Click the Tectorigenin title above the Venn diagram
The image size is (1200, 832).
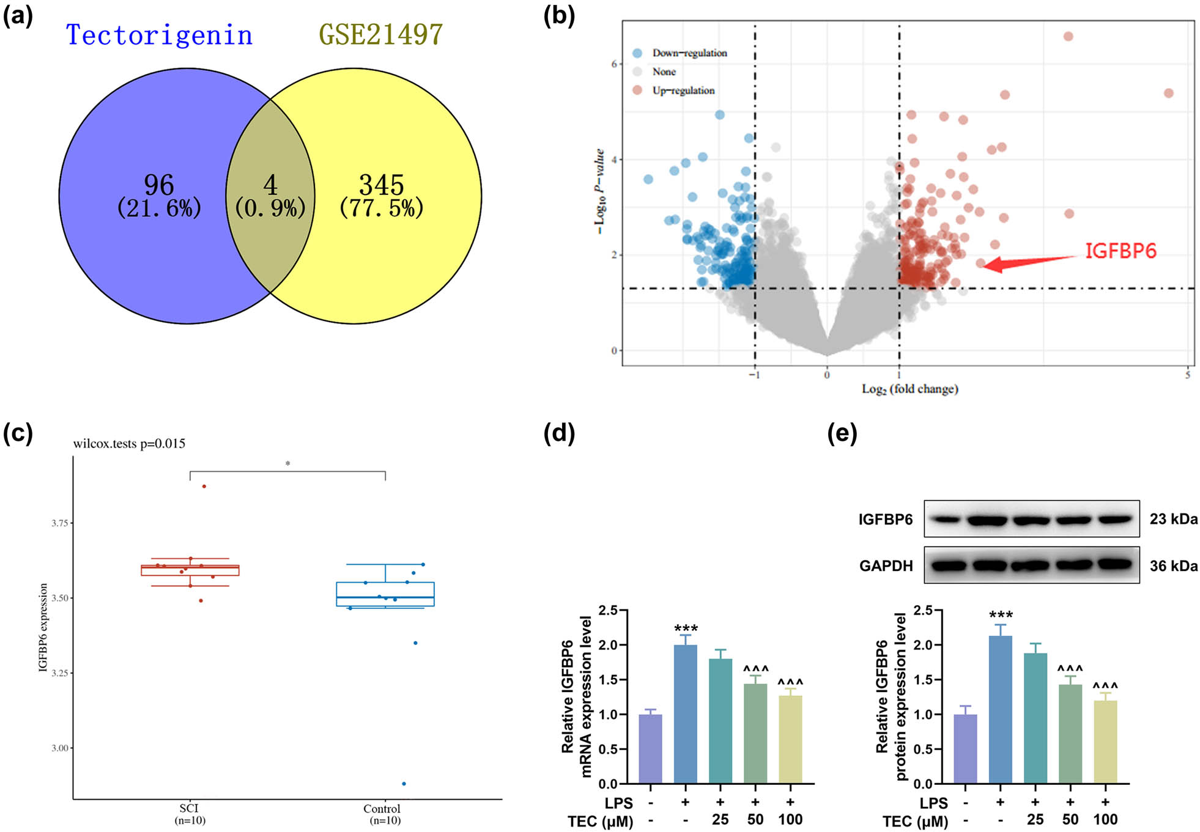(159, 35)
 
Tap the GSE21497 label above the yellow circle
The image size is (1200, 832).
(380, 34)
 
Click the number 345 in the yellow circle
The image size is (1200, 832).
(381, 185)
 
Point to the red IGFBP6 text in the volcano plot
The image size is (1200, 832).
(1120, 251)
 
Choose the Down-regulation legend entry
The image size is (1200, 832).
(689, 53)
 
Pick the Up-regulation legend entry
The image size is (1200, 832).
(683, 90)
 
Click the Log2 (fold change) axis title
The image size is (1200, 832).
(909, 389)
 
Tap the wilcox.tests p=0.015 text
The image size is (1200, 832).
(129, 444)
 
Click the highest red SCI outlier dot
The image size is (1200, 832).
(204, 486)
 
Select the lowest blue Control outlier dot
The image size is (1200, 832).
(404, 784)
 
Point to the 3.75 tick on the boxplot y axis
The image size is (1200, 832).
(60, 523)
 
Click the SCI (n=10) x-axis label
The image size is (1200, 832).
(189, 814)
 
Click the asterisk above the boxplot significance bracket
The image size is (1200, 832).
(287, 464)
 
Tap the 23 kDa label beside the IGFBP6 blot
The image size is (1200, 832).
(1173, 519)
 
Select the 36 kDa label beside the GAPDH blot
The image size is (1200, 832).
(1173, 566)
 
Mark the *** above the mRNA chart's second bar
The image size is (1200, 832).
(686, 629)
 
